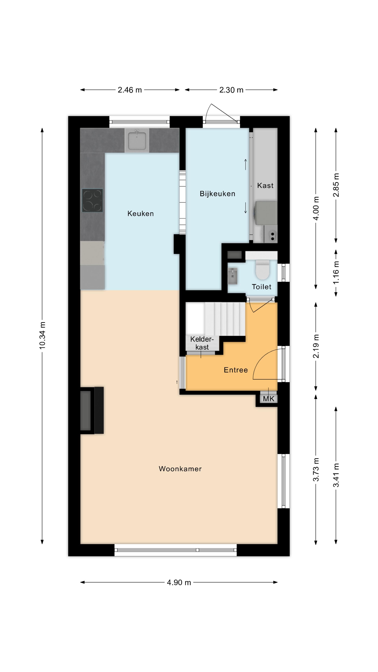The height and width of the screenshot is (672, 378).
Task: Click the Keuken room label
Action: (140, 214)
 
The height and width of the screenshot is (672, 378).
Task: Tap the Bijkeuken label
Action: (217, 194)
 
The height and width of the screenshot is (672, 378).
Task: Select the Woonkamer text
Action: (180, 469)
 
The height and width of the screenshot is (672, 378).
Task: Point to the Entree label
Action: (236, 370)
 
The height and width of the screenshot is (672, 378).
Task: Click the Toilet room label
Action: (261, 287)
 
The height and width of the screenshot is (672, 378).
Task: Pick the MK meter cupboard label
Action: (269, 399)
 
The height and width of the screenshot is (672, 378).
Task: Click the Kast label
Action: (265, 185)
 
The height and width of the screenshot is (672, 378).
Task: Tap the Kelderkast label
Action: (202, 343)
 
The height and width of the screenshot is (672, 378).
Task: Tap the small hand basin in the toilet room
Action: (232, 276)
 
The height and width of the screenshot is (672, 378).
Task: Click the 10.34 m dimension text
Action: (42, 335)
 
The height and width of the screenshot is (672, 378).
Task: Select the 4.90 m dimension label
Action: (179, 582)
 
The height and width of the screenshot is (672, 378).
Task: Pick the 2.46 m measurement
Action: (130, 90)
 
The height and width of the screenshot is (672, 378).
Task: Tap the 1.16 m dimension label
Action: (336, 273)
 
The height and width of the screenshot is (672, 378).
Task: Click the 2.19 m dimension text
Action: (316, 346)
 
